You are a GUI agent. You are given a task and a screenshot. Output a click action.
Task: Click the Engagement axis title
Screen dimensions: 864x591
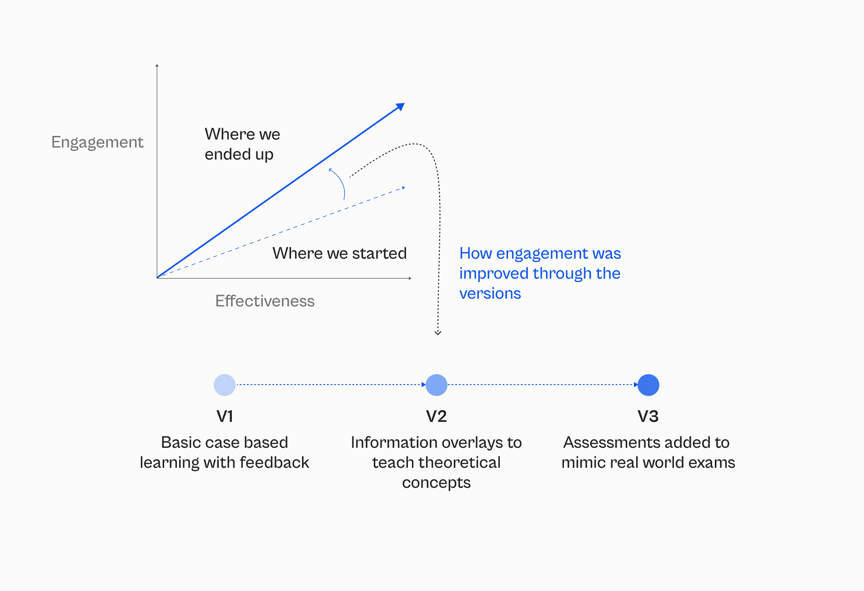[x=97, y=142]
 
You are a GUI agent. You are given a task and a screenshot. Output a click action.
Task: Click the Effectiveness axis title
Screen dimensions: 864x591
[x=265, y=301]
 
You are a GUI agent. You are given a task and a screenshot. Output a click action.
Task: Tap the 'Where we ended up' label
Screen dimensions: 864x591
[x=242, y=144]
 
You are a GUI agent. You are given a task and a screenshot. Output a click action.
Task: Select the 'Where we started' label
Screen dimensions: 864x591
[x=339, y=253]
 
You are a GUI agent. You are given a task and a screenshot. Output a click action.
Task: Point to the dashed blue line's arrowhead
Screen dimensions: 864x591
[x=403, y=188]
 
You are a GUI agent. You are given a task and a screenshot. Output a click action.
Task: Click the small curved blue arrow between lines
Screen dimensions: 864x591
[x=339, y=183]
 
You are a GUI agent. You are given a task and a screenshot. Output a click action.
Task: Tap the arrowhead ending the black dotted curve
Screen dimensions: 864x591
[x=438, y=333]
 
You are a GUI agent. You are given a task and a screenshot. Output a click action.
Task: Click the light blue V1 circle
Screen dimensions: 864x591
[x=225, y=385]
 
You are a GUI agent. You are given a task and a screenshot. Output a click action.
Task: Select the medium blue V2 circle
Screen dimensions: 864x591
[x=437, y=385]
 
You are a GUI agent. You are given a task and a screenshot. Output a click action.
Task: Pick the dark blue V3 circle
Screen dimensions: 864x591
[x=648, y=385]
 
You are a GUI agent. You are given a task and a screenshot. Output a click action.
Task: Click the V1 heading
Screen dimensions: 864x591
[x=225, y=416]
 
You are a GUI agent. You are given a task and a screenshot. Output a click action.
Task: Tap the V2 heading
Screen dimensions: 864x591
[x=437, y=416]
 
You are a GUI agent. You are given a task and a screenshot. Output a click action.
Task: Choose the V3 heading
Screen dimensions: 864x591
[x=648, y=416]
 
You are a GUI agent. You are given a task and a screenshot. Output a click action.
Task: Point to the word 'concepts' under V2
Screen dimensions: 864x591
[x=437, y=483]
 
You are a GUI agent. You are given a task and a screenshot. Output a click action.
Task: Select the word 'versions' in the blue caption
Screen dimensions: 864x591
[x=490, y=294]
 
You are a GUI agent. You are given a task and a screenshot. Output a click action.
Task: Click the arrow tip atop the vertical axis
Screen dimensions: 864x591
[x=157, y=65]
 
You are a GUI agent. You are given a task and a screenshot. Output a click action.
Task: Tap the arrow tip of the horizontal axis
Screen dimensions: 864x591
[x=410, y=278]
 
